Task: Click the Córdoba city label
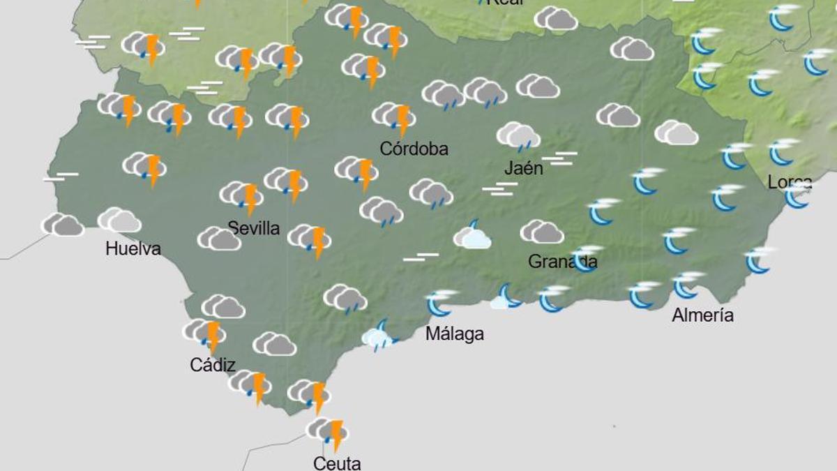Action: (x=414, y=149)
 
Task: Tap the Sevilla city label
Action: (x=254, y=228)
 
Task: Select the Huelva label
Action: (x=133, y=248)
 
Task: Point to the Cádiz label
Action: (x=212, y=364)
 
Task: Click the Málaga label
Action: (x=455, y=334)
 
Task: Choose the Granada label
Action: (x=562, y=262)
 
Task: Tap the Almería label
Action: (x=702, y=315)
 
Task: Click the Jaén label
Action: (x=523, y=168)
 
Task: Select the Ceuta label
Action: (x=337, y=463)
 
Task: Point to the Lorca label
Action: (x=790, y=182)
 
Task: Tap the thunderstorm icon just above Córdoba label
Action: (x=394, y=117)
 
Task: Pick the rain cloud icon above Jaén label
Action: (x=518, y=135)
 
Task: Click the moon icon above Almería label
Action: (x=687, y=284)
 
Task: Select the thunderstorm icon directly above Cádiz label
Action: (x=204, y=333)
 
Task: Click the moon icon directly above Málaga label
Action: (x=441, y=302)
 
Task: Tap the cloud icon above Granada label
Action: (x=542, y=232)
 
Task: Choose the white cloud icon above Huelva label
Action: (x=119, y=220)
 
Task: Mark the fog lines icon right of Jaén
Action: (x=559, y=158)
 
